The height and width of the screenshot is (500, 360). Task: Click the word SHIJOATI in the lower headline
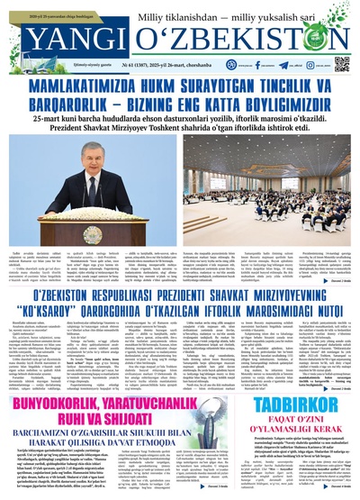130,414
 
